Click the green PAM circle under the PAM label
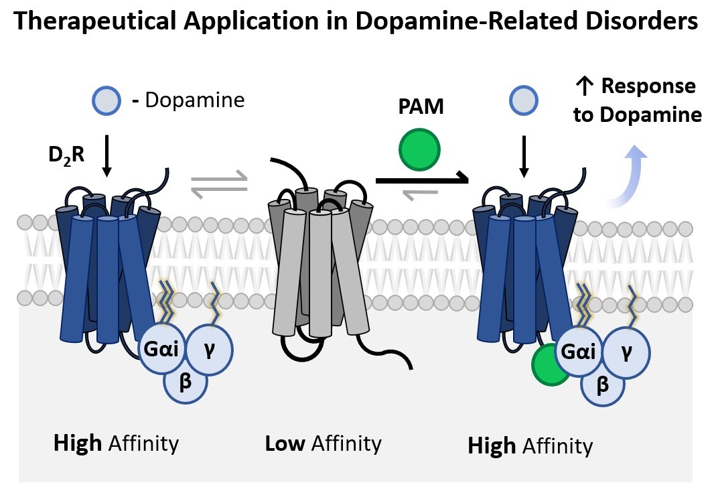419,150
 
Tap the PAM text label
421,107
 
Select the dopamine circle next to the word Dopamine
106,100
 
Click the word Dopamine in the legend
195,100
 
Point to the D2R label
66,155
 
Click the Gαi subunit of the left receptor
161,348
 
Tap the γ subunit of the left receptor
210,349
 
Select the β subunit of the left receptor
186,381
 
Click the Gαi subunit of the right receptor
579,351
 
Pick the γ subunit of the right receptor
627,352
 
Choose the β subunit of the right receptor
603,384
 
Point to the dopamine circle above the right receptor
524,100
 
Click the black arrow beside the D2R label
106,155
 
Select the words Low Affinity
323,443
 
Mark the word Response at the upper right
648,86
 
